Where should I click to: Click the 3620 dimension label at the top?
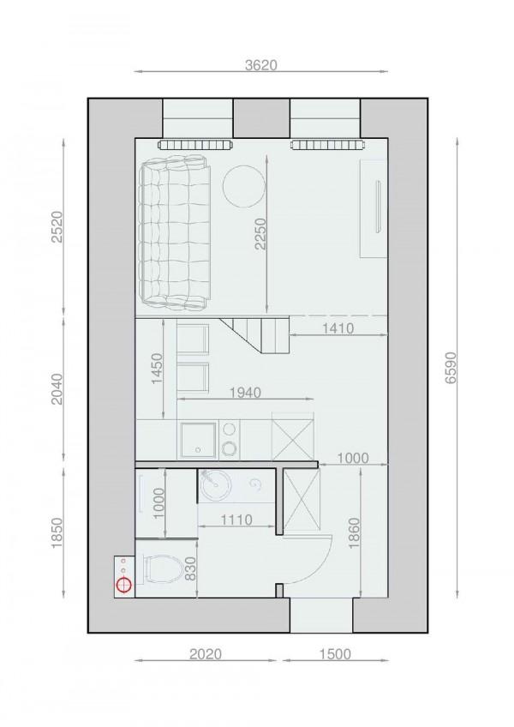click(x=261, y=65)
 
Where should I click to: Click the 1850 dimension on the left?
click(x=57, y=537)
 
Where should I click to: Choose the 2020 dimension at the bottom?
click(x=205, y=654)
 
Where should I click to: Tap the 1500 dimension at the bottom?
click(x=335, y=654)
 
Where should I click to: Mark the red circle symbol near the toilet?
click(x=124, y=586)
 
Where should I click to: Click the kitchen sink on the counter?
click(x=196, y=441)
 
